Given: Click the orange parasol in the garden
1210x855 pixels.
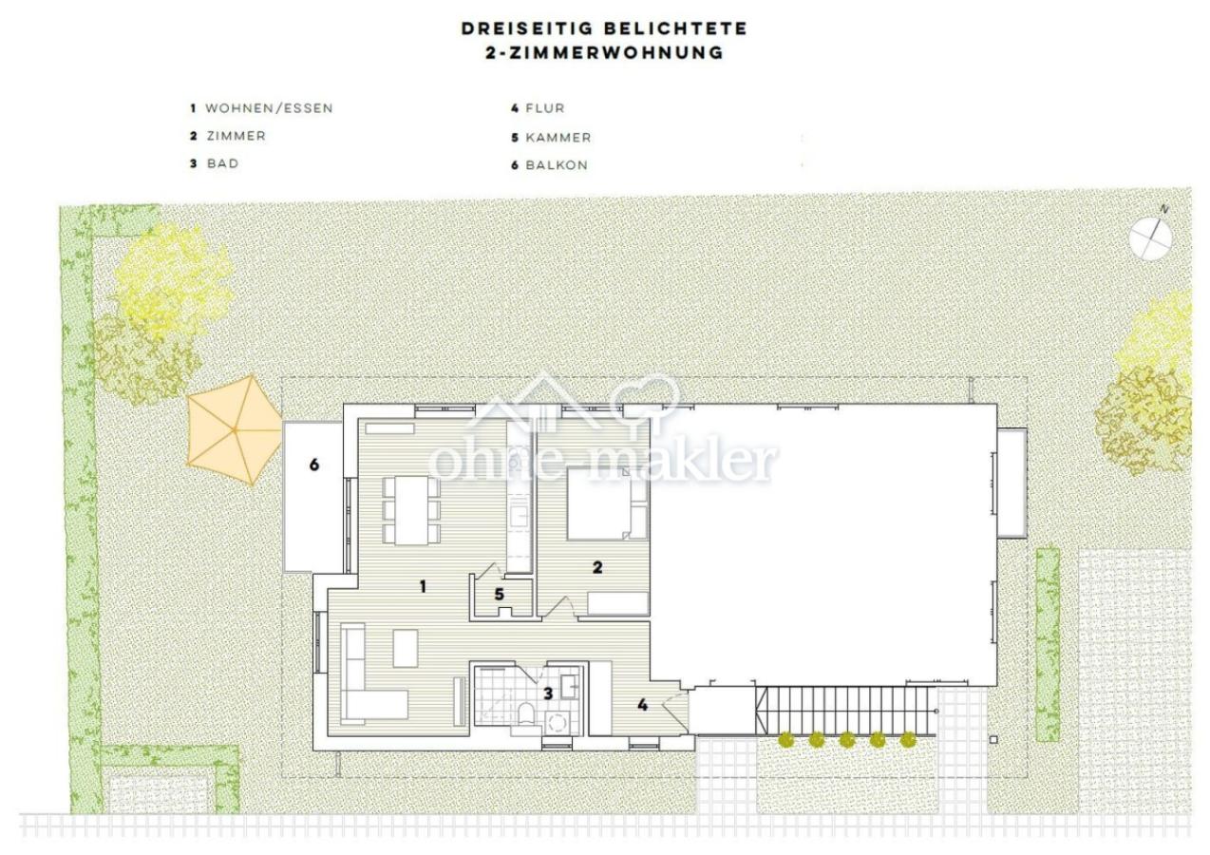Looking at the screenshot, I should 234,428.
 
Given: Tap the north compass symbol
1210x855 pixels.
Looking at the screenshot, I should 1151,237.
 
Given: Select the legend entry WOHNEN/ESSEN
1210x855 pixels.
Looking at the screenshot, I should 269,108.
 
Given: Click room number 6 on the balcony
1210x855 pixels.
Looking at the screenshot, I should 313,465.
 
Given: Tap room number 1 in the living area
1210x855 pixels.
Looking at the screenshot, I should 423,587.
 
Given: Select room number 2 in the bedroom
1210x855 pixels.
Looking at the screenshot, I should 597,568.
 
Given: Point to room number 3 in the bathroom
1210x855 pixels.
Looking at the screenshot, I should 548,693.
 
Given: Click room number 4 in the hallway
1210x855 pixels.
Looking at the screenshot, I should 643,705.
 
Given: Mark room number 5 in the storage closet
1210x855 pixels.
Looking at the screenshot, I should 499,595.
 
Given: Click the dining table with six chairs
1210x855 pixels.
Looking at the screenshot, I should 411,510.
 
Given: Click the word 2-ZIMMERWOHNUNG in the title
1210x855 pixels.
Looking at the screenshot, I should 604,53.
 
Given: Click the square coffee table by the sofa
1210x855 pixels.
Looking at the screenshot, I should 406,648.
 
